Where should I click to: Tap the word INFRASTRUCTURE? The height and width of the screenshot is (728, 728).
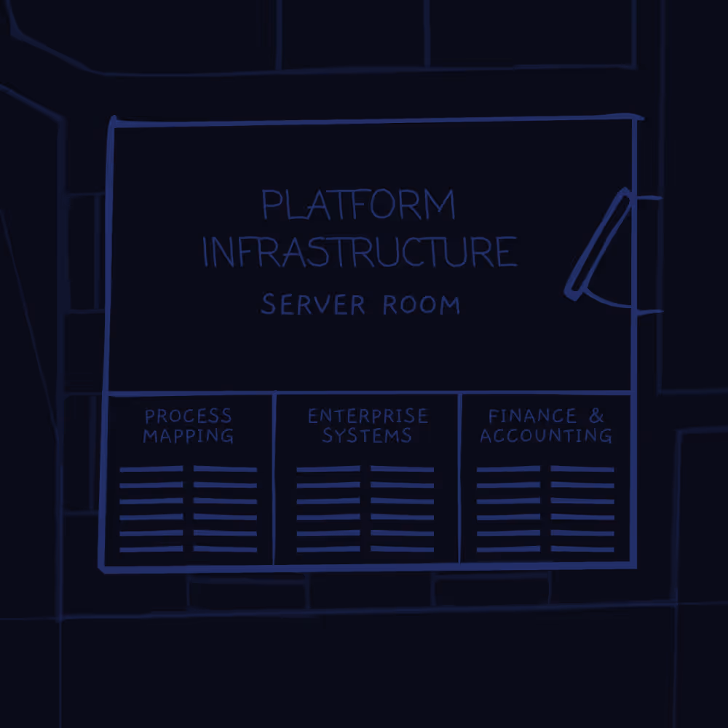pos(360,252)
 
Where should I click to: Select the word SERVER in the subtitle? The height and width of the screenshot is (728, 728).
pos(313,304)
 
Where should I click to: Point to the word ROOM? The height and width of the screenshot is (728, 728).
pos(422,304)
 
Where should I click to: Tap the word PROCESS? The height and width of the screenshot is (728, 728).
pos(189,416)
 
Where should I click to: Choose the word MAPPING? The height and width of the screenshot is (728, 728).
pos(189,436)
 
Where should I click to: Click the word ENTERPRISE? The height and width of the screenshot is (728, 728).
pos(368,416)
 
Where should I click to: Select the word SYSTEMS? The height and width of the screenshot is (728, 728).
pos(367,436)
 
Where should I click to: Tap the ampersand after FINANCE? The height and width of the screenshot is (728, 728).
pos(596,416)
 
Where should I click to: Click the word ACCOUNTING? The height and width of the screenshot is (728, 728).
pos(546,436)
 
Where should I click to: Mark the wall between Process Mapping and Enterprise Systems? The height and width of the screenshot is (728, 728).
pos(274,477)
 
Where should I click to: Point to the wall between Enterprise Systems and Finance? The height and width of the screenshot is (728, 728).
pos(459,477)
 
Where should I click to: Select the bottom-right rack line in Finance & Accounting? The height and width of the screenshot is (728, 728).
pos(582,549)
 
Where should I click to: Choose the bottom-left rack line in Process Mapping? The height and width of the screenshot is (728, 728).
pos(151,549)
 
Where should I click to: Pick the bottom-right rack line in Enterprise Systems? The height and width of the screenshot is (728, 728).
pos(403,549)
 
